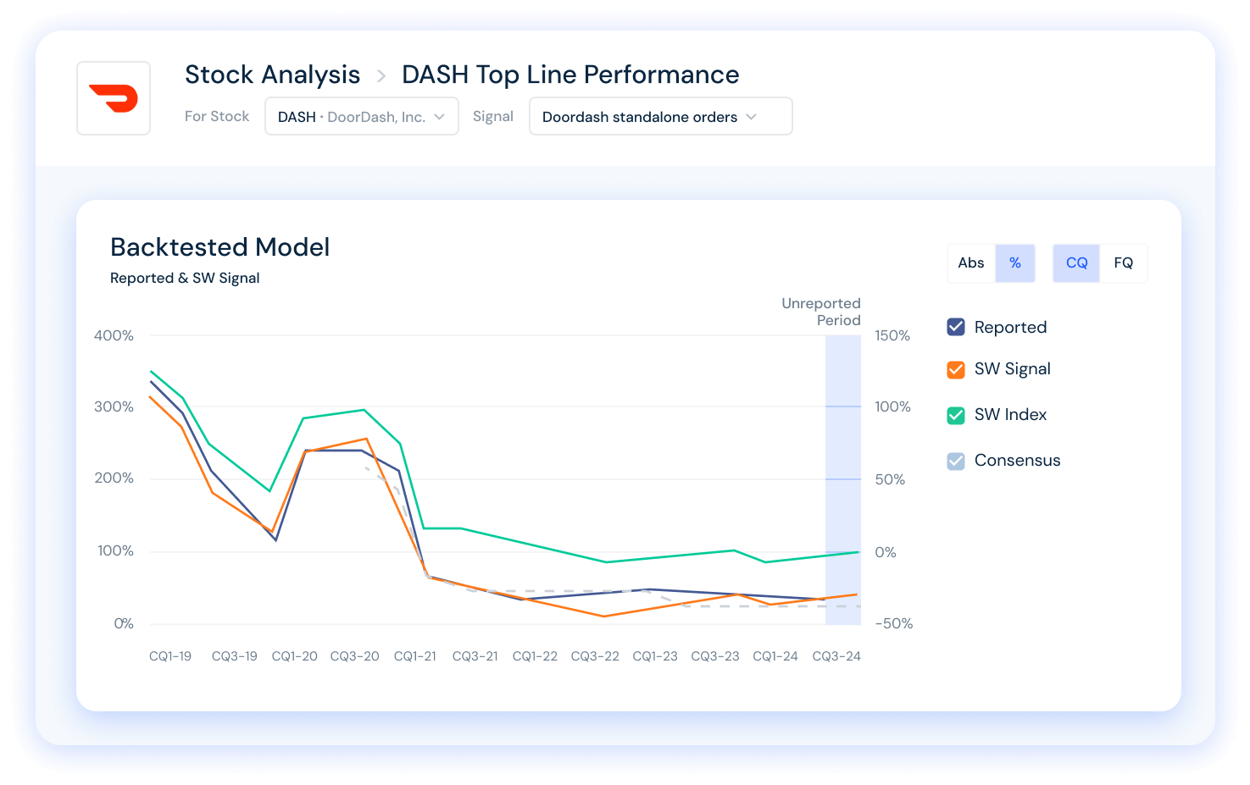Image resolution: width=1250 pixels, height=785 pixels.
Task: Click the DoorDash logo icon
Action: click(114, 98)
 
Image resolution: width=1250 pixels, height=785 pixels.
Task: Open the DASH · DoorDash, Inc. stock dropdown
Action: click(362, 117)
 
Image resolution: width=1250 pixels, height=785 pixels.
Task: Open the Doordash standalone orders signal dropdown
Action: click(660, 117)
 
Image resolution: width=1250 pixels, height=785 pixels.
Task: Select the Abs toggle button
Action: click(971, 263)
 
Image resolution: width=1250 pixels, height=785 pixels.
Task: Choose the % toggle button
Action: click(1015, 263)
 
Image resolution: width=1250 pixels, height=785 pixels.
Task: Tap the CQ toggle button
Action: click(1076, 263)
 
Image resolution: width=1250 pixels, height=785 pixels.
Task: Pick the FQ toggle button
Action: click(1124, 263)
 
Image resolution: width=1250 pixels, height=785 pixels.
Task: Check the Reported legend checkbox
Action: click(956, 327)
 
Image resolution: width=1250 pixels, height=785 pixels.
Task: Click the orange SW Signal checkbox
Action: click(956, 369)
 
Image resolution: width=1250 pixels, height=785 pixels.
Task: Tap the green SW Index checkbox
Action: click(956, 415)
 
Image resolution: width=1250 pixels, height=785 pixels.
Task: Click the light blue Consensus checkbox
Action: click(956, 461)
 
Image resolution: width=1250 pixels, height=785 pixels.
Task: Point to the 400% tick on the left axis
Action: click(114, 336)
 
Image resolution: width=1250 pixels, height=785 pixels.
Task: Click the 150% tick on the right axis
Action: click(892, 336)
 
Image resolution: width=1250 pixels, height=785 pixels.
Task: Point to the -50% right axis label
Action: click(893, 624)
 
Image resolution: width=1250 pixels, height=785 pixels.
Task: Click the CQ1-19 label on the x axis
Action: click(170, 656)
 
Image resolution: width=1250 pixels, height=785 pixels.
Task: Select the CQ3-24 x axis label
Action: click(836, 656)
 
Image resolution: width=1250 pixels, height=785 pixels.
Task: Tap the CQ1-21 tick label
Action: click(415, 656)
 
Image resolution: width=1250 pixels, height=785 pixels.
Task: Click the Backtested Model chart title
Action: click(220, 247)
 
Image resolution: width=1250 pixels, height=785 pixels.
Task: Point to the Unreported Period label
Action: click(820, 312)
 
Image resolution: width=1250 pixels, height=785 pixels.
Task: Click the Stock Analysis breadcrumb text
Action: click(272, 75)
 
